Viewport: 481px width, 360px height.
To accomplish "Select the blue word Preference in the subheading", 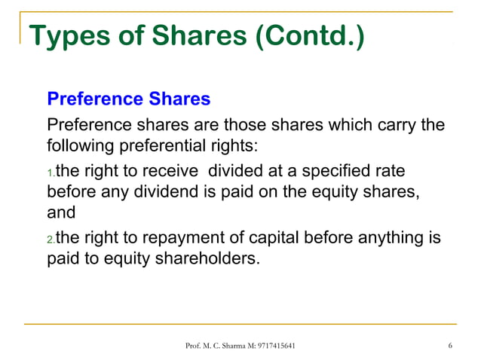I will (x=93, y=99).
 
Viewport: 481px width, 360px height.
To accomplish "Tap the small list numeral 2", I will (x=51, y=241).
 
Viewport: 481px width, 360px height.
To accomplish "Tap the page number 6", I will (x=449, y=346).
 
